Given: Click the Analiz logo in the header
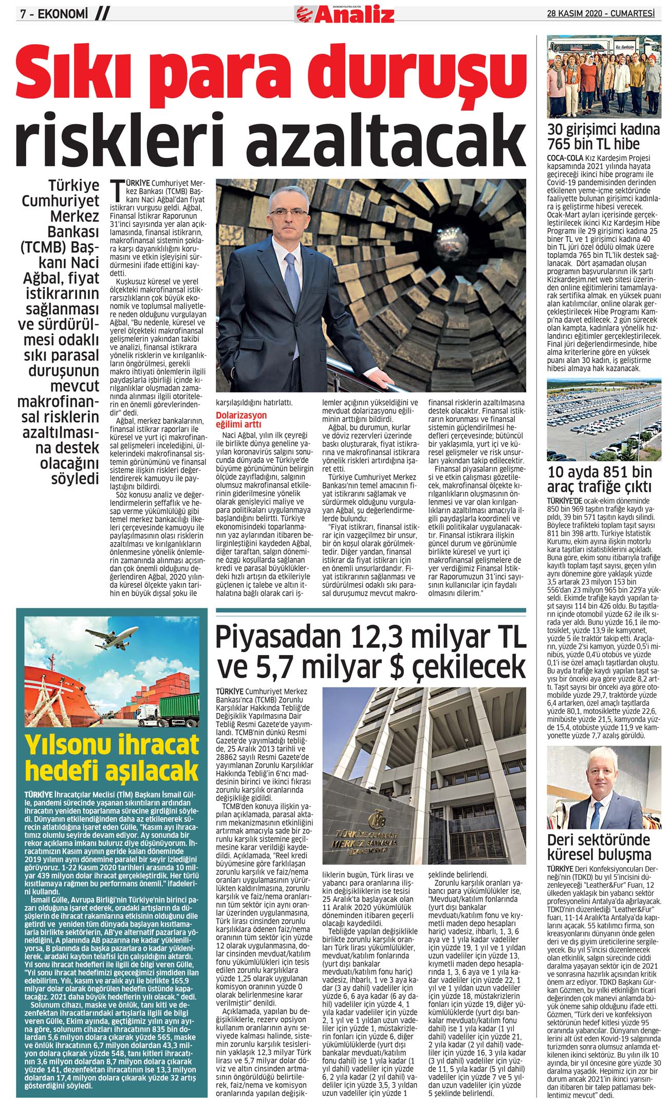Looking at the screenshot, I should [345, 14].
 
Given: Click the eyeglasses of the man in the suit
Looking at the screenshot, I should [286, 211].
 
